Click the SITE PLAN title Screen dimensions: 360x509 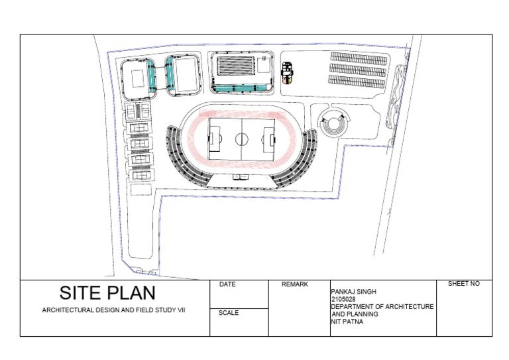tap(107, 293)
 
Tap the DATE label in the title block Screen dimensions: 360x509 tap(227, 284)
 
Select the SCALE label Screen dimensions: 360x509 tap(229, 313)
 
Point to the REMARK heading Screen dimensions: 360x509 tap(295, 284)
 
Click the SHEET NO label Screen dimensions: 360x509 tap(463, 284)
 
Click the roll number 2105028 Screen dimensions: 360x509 tap(343, 299)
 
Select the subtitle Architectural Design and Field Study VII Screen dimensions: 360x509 tap(114, 310)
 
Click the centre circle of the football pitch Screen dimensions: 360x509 tap(242, 139)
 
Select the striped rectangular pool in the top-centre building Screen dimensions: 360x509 tap(233, 66)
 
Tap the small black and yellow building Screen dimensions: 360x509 tap(287, 73)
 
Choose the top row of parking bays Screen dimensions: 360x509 tap(359, 58)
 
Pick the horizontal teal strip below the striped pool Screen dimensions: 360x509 tap(239, 88)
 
